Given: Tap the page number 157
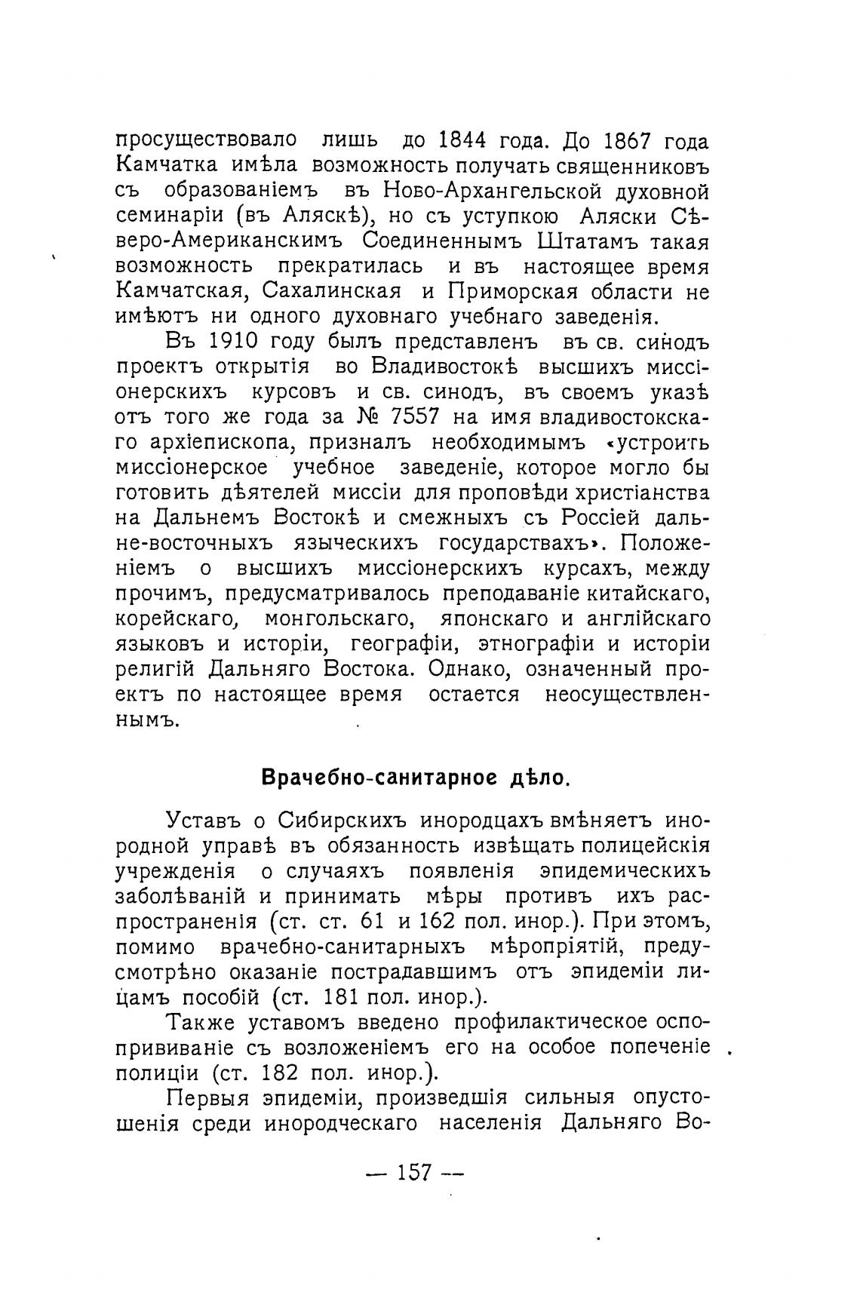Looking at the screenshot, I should [414, 1172].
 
